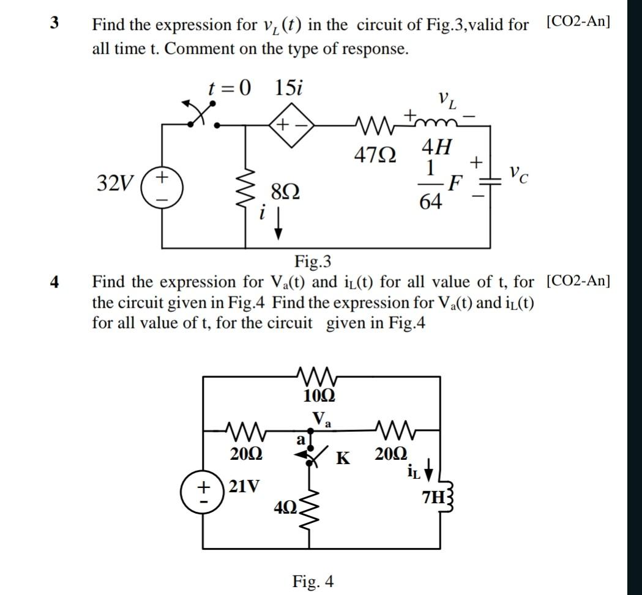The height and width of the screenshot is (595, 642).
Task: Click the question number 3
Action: (55, 23)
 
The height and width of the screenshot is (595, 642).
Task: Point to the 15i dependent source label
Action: (288, 89)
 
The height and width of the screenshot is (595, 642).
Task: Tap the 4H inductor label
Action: (438, 147)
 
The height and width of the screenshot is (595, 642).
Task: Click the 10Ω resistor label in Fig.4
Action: (319, 396)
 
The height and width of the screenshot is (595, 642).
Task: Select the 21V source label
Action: (243, 487)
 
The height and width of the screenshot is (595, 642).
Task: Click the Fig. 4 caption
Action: (313, 581)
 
